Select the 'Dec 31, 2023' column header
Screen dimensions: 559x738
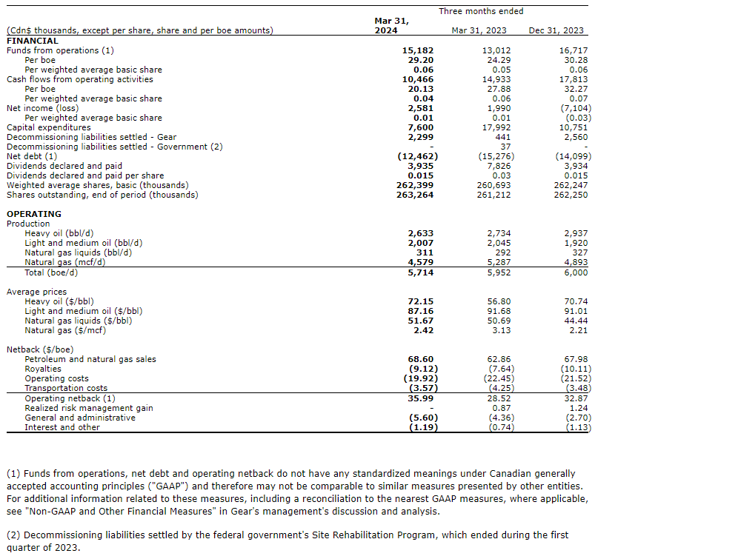(556, 30)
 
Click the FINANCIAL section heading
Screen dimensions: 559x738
(32, 41)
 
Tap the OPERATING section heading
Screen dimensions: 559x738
(34, 214)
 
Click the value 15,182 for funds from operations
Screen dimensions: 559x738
(418, 50)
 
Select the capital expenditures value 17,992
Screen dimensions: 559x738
(494, 127)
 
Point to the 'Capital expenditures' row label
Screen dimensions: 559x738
(49, 127)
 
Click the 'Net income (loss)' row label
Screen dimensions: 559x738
(42, 108)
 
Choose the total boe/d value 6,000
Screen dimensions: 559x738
(576, 272)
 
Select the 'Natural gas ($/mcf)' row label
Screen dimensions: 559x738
(65, 330)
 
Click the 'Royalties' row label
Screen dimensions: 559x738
(43, 369)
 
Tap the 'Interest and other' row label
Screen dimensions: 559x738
(62, 427)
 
